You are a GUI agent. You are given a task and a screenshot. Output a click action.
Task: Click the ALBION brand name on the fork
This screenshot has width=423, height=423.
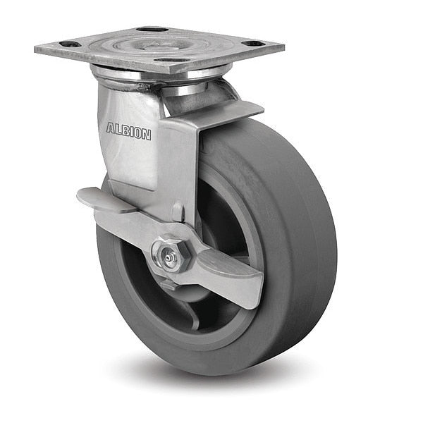(x=129, y=131)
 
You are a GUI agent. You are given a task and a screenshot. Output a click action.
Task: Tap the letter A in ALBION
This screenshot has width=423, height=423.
(x=111, y=128)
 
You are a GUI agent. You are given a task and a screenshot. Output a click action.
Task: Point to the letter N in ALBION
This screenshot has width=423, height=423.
(x=147, y=135)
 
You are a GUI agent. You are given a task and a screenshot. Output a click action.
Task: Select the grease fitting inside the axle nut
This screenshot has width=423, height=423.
(x=169, y=258)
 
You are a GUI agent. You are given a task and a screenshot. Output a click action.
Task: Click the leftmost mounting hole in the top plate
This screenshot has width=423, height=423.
(x=70, y=44)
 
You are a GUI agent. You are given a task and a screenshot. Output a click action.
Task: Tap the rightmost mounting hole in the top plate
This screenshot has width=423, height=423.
(x=252, y=44)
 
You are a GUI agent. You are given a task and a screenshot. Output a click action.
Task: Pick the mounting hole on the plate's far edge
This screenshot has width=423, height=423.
(x=149, y=29)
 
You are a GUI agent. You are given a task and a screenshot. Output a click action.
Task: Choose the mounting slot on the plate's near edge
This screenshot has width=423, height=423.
(x=172, y=60)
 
